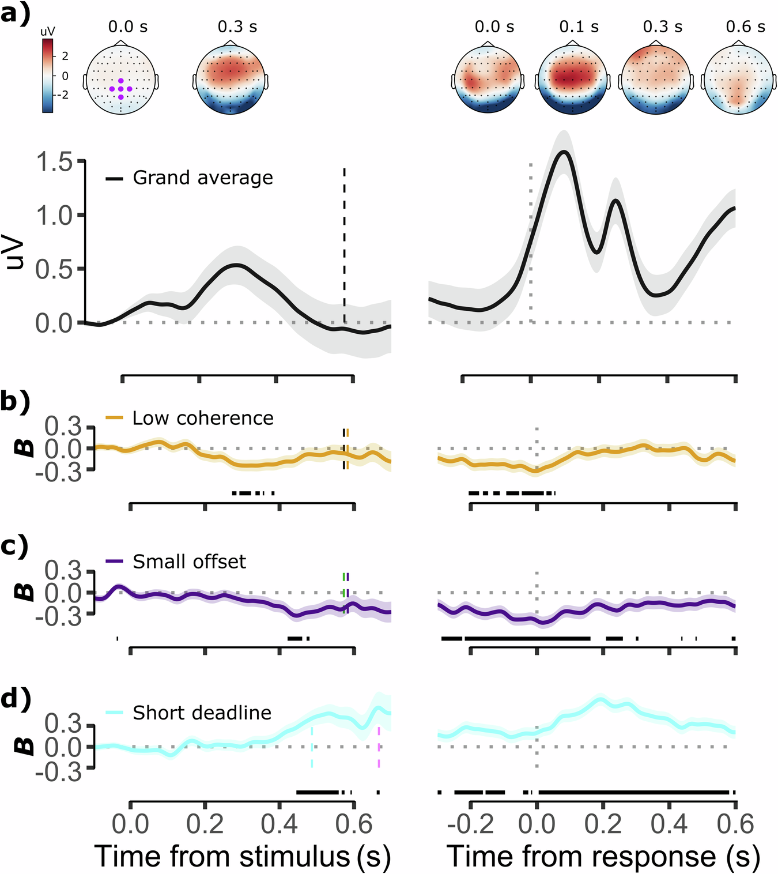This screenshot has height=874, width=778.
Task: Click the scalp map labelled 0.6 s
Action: pyautogui.click(x=737, y=81)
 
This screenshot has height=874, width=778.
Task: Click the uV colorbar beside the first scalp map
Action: pyautogui.click(x=48, y=75)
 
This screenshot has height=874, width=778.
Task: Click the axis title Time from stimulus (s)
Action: pyautogui.click(x=243, y=856)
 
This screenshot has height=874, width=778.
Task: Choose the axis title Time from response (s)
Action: pyautogui.click(x=603, y=856)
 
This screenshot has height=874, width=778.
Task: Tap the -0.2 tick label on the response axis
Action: pyautogui.click(x=470, y=824)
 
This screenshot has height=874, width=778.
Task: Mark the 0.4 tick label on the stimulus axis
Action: pyautogui.click(x=279, y=824)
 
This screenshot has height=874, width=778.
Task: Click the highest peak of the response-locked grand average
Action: pyautogui.click(x=564, y=152)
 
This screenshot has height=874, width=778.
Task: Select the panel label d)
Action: pyautogui.click(x=15, y=699)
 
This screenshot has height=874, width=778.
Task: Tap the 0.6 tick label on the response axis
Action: pyautogui.click(x=735, y=824)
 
